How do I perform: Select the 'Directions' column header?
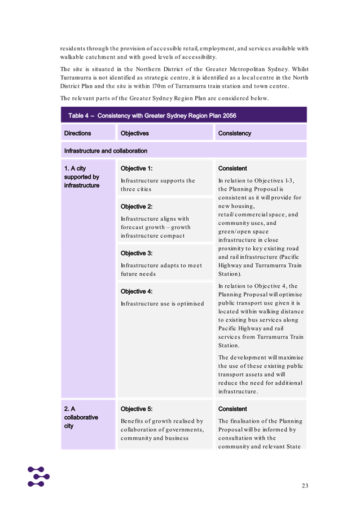(77, 133)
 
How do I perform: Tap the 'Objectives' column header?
(135, 133)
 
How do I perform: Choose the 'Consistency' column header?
(235, 133)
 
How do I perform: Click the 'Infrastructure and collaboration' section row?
(106, 151)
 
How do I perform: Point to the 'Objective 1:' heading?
(137, 168)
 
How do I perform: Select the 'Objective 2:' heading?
(137, 207)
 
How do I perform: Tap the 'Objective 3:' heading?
(137, 253)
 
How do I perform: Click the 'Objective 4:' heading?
(137, 291)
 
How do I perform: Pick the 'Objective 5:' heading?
(137, 409)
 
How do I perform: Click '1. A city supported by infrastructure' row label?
(81, 177)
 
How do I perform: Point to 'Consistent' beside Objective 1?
(232, 168)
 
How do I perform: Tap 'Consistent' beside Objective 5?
(232, 409)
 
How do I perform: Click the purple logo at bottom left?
(38, 476)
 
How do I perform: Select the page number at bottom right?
(304, 486)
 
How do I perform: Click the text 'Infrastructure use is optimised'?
(162, 304)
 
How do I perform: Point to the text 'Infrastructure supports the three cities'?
(157, 185)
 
